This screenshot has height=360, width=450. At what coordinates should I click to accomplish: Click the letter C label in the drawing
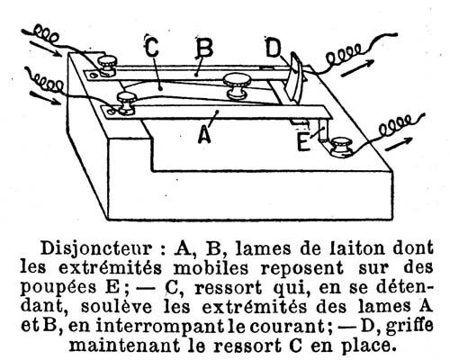(152, 47)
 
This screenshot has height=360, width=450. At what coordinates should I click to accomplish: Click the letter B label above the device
(204, 48)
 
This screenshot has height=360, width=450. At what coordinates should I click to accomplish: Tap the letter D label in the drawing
(273, 47)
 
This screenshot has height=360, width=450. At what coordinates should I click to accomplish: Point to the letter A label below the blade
(205, 134)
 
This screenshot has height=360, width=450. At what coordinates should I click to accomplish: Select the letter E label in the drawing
(303, 143)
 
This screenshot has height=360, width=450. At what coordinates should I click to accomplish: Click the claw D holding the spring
(292, 78)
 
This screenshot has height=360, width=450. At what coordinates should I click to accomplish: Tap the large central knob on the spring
(237, 85)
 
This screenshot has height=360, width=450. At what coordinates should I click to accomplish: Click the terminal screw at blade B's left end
(107, 66)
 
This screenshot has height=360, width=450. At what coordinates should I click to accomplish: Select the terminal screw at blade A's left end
(126, 103)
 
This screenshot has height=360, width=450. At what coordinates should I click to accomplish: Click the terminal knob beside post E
(341, 147)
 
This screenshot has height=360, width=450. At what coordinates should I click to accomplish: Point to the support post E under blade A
(324, 130)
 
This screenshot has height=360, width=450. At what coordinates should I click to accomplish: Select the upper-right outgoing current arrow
(358, 68)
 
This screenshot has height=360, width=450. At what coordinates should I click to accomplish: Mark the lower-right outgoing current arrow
(400, 143)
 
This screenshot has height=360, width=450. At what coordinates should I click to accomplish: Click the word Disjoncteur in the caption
(95, 249)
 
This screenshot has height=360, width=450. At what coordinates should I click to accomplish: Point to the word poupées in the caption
(58, 287)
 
